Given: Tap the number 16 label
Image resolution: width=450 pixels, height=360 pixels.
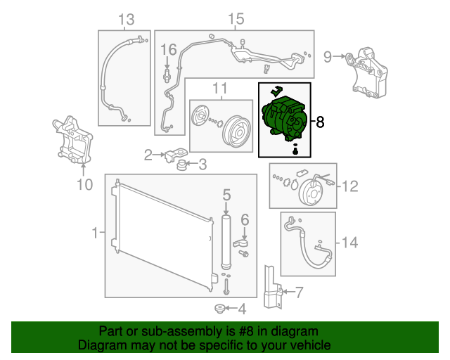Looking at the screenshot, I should [x=168, y=50].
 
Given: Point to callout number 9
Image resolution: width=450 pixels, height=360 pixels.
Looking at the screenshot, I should [x=327, y=56].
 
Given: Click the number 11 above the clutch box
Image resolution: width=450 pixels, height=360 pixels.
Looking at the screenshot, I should [x=220, y=88].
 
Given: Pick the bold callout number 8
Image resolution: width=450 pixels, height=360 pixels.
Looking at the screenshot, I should [x=320, y=122].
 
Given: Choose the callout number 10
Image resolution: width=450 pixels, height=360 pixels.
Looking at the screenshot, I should [x=84, y=186].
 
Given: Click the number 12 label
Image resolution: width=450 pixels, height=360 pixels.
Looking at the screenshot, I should [x=349, y=186].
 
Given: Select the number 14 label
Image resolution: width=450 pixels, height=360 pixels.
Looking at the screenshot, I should [x=349, y=243].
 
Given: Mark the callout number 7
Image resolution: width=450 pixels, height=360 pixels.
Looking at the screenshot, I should [x=299, y=292].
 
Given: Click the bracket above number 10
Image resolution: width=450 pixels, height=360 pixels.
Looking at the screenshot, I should [x=72, y=139].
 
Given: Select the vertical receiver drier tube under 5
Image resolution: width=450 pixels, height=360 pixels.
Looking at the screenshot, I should [x=226, y=241].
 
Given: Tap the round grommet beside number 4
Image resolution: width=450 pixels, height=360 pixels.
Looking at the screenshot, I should [x=219, y=309].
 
